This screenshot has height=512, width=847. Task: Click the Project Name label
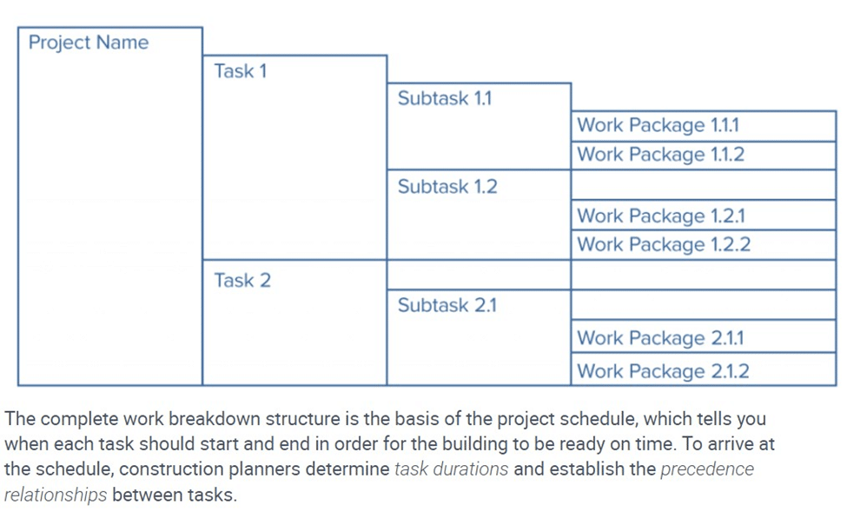(89, 43)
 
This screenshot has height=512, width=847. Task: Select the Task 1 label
(241, 70)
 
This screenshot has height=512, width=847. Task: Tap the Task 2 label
(242, 280)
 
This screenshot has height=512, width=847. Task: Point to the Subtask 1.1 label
(445, 98)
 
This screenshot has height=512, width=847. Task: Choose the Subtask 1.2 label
(447, 187)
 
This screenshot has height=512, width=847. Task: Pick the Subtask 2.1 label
(447, 305)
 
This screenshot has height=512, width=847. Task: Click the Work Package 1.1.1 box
(704, 127)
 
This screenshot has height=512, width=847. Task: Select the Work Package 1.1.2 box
(704, 156)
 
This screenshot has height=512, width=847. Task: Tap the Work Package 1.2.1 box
(704, 216)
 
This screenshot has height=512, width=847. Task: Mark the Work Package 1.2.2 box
(704, 245)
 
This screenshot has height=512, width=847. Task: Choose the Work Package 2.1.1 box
(704, 336)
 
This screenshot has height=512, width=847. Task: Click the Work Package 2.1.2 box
(704, 369)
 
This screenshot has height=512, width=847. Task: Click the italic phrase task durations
(451, 469)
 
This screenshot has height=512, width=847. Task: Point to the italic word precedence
(707, 469)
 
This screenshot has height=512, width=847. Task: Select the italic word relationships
(56, 495)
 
